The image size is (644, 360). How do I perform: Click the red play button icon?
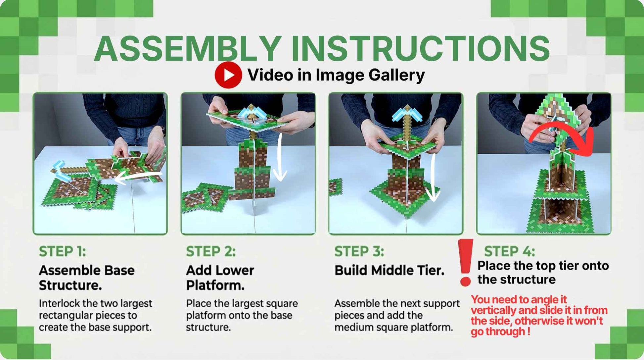[x=228, y=75]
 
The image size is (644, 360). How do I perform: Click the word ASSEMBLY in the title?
[x=188, y=48]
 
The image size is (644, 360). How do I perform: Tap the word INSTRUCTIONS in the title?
[x=420, y=48]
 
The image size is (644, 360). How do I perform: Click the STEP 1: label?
[x=62, y=251]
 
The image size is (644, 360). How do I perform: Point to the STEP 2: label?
[x=211, y=251]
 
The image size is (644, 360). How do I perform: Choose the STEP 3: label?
[x=359, y=251]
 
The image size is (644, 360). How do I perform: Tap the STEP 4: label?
[x=509, y=251]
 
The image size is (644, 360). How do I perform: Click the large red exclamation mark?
[x=465, y=263]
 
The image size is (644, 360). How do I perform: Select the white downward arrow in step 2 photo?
[x=280, y=157]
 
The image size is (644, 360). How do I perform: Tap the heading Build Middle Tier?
[x=389, y=270]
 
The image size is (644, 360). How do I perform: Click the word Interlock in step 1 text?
[x=60, y=303]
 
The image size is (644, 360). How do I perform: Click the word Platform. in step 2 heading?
[x=215, y=285]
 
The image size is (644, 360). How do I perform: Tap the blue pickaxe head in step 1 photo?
[x=61, y=169]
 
